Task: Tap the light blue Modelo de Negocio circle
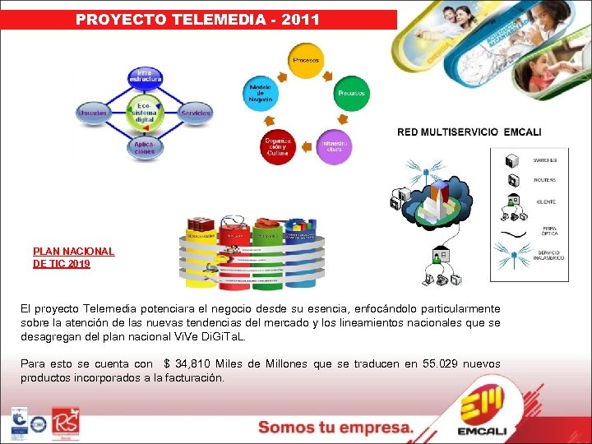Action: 260,94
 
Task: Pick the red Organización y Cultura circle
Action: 278,146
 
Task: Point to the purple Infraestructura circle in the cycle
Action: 334,146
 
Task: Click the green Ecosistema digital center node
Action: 145,113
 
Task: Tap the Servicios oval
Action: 195,113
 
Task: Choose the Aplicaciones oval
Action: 145,148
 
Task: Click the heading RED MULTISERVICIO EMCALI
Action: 469,132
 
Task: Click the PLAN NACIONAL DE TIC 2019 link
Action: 73,258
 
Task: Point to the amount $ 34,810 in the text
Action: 191,363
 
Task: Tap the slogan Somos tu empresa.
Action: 335,427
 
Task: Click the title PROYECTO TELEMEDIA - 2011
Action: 197,19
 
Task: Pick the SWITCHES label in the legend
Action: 545,160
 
